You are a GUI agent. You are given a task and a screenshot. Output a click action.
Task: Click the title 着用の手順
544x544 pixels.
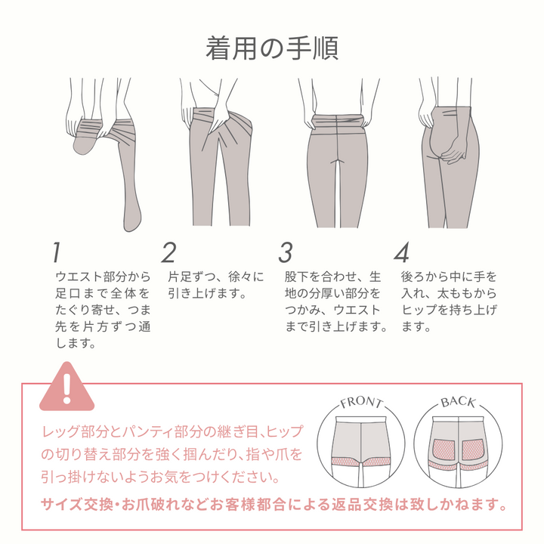pyautogui.click(x=272, y=48)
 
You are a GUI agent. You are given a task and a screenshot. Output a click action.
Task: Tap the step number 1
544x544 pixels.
pyautogui.click(x=57, y=252)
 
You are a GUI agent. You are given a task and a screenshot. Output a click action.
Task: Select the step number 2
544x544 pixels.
pyautogui.click(x=169, y=252)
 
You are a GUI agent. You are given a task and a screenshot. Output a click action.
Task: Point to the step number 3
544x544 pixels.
pyautogui.click(x=286, y=252)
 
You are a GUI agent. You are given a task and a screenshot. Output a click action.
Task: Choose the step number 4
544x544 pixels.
pyautogui.click(x=401, y=252)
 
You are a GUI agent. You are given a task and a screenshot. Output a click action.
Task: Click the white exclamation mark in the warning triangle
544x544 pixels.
pyautogui.click(x=67, y=388)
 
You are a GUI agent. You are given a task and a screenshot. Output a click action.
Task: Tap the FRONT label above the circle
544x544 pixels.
pyautogui.click(x=361, y=403)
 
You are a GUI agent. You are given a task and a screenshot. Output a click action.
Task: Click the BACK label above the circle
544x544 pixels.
pyautogui.click(x=458, y=402)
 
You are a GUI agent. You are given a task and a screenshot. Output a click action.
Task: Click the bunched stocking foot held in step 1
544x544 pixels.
pyautogui.click(x=85, y=139)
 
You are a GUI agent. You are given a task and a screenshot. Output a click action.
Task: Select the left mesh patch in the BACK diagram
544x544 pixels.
pyautogui.click(x=444, y=449)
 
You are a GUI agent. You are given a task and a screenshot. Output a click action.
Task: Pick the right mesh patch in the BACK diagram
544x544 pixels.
pyautogui.click(x=472, y=449)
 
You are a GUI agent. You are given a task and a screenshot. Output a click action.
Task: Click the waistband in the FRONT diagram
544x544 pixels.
pyautogui.click(x=361, y=419)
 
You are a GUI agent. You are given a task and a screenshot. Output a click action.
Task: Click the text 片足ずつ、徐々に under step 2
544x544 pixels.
pyautogui.click(x=216, y=277)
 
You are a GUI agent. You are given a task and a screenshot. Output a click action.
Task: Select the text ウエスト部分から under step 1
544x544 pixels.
pyautogui.click(x=103, y=277)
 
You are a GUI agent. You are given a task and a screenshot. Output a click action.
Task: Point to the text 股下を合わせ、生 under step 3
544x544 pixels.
pyautogui.click(x=332, y=277)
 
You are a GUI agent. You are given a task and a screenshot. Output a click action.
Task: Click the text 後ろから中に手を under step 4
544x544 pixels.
pyautogui.click(x=449, y=277)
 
